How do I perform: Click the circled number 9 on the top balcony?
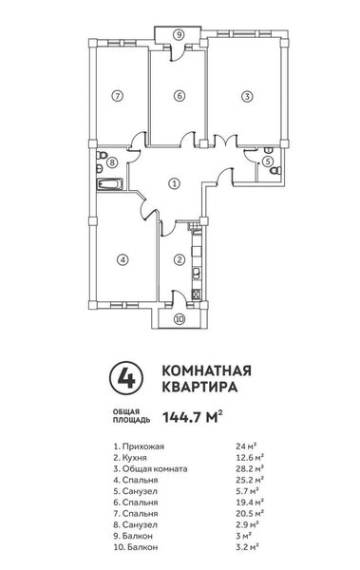(x=179, y=35)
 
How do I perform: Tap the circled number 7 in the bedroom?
(x=117, y=96)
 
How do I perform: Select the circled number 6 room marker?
(x=179, y=96)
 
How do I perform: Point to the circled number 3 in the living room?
(x=247, y=96)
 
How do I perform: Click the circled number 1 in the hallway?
(x=175, y=183)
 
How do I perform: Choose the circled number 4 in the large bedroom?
(x=123, y=259)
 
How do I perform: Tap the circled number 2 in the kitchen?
(x=179, y=259)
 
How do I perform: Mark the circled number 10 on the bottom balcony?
(x=180, y=319)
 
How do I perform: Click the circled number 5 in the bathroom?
(x=268, y=161)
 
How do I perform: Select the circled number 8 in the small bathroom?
(x=112, y=161)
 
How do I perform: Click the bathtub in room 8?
(x=109, y=184)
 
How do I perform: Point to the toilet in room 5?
(x=276, y=170)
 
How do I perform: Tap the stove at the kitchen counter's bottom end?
(x=197, y=294)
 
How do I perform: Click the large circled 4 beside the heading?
(x=126, y=378)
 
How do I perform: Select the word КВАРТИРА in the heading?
(x=199, y=387)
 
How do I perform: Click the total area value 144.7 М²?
(x=193, y=417)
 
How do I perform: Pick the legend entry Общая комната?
(x=150, y=469)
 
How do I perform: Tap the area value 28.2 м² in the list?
(x=250, y=468)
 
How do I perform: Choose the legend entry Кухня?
(x=130, y=458)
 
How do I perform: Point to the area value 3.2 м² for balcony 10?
(x=247, y=547)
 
